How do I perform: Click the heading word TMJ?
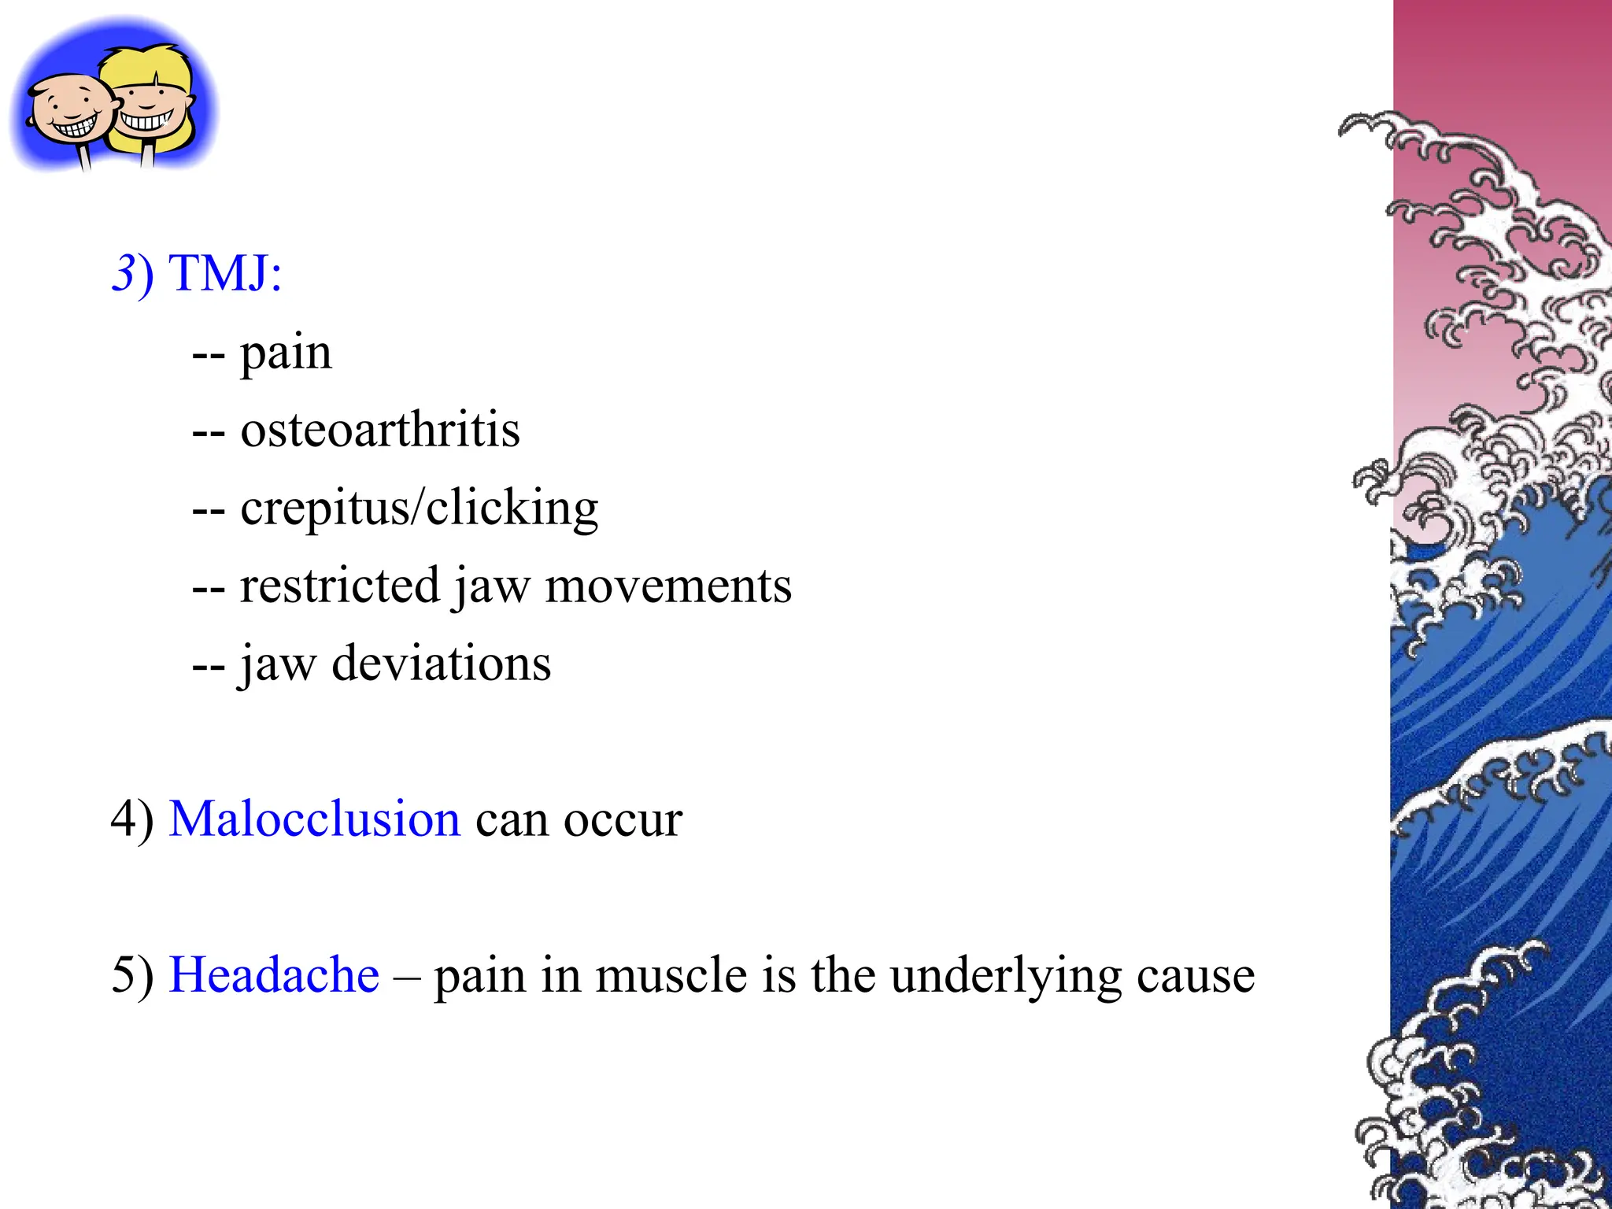tap(226, 273)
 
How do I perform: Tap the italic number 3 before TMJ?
tap(124, 273)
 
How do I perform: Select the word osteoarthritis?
tap(380, 431)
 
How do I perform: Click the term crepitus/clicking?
tap(419, 508)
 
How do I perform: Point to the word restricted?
tap(339, 586)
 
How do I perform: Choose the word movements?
tap(668, 586)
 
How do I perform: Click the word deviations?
tap(441, 664)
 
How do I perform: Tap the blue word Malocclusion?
tap(314, 819)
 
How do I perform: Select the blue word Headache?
tap(274, 975)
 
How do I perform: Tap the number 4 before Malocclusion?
tap(123, 819)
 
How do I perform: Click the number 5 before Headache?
tap(123, 975)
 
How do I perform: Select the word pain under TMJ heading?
tap(286, 353)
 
